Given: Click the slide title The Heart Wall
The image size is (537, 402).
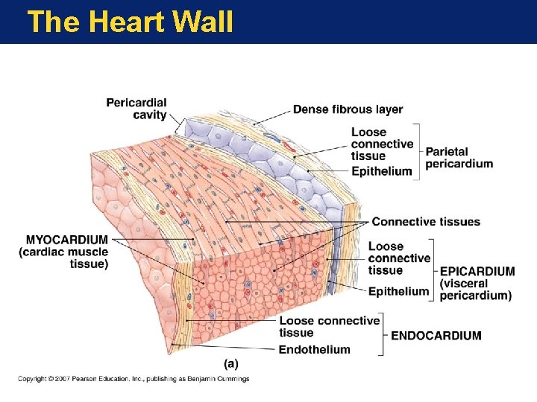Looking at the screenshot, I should (130, 22).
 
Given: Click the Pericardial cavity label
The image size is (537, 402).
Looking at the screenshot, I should (136, 108).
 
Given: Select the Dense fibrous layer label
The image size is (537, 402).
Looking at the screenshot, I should (348, 109).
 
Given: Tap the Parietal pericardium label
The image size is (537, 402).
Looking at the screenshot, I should (459, 158).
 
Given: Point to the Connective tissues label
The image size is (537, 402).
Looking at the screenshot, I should (426, 222).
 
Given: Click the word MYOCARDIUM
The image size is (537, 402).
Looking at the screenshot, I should (67, 240).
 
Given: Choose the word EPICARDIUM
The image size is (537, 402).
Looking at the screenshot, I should (477, 272).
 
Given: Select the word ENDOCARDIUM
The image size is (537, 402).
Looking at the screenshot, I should (436, 336).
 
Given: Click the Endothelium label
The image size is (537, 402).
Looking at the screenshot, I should (314, 350).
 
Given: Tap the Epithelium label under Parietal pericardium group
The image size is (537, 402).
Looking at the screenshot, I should (381, 171).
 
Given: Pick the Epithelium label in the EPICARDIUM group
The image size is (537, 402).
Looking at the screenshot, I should (398, 291).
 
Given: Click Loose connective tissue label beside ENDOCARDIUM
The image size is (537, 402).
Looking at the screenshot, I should (329, 326).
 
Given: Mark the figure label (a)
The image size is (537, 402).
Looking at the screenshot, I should (231, 363).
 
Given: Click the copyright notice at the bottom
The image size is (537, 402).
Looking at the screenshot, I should (134, 379).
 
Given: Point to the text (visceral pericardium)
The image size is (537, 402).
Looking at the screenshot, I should (475, 290).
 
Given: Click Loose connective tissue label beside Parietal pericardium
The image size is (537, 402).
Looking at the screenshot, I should (382, 144).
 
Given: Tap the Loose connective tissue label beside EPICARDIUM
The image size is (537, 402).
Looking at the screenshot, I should (399, 258).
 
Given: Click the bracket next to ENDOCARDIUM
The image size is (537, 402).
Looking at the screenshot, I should (385, 335).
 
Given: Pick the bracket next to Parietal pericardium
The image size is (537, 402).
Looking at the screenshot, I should (419, 150).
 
